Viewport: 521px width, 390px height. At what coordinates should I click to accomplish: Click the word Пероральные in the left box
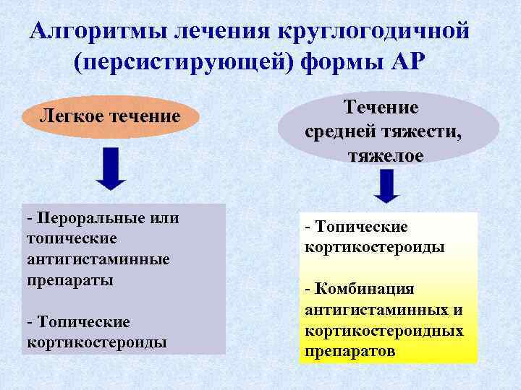[x=84, y=217]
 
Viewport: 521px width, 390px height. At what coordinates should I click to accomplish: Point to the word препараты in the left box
[x=69, y=279]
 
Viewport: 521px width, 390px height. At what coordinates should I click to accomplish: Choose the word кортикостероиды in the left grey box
[x=97, y=341]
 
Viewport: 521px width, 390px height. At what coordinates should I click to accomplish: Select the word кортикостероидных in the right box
[x=384, y=331]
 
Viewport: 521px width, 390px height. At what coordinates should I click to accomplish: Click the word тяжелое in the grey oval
[x=389, y=156]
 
